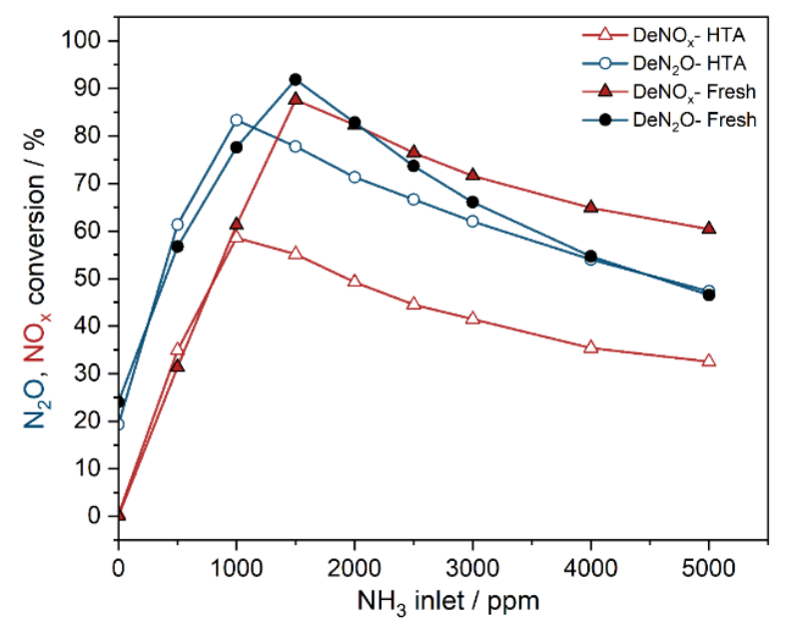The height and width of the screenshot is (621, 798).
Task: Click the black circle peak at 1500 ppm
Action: pos(295,79)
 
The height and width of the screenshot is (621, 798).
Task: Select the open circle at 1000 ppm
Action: pos(237,120)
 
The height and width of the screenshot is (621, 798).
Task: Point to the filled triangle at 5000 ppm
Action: pos(709,228)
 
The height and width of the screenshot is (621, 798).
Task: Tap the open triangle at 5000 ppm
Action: pos(709,360)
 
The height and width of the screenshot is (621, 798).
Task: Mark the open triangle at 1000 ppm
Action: pos(237,237)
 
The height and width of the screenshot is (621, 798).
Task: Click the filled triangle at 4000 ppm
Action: pos(590,207)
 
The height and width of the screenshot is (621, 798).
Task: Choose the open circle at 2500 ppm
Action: pos(413,199)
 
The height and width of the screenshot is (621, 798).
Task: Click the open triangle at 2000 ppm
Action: pos(355,281)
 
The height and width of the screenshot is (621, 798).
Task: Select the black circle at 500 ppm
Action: pos(178,246)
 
